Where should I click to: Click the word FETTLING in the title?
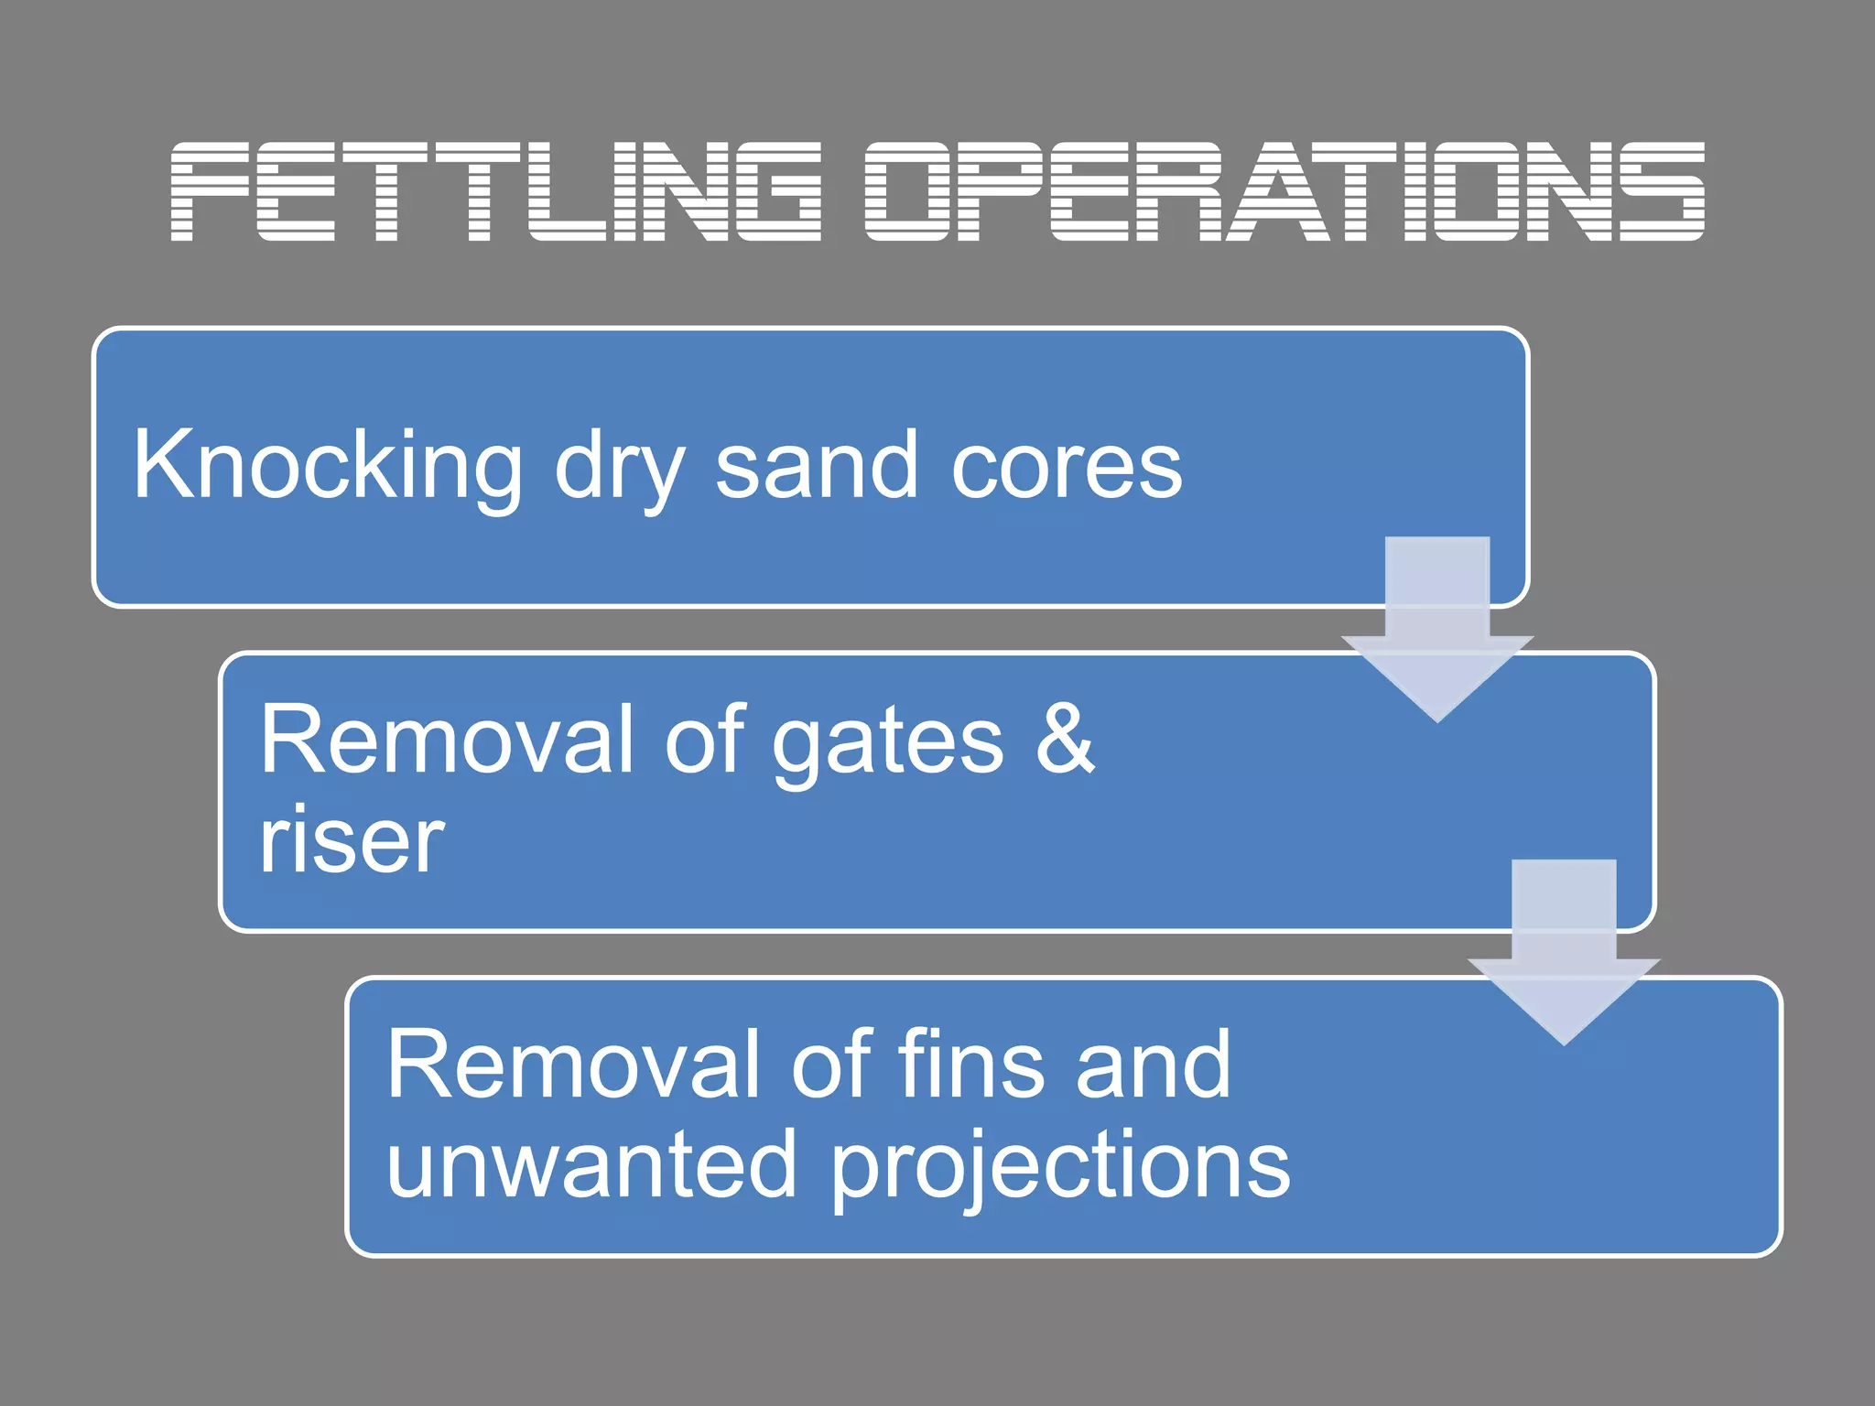coord(495,191)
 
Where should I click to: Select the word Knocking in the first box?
coord(328,467)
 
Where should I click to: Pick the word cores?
coord(1067,467)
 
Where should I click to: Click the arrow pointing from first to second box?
coord(1436,632)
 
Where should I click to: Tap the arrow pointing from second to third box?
coord(1563,954)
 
